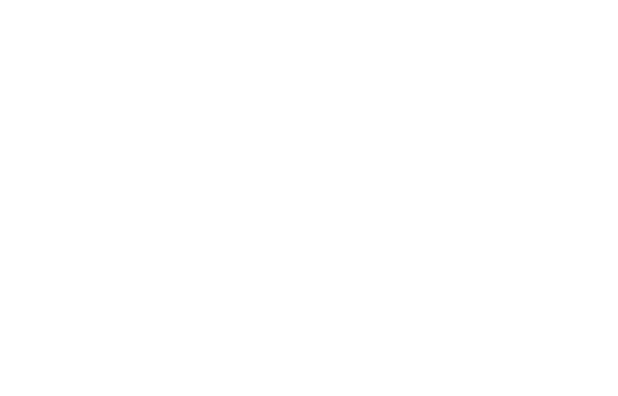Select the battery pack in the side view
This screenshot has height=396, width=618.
pyautogui.click(x=84, y=344)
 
